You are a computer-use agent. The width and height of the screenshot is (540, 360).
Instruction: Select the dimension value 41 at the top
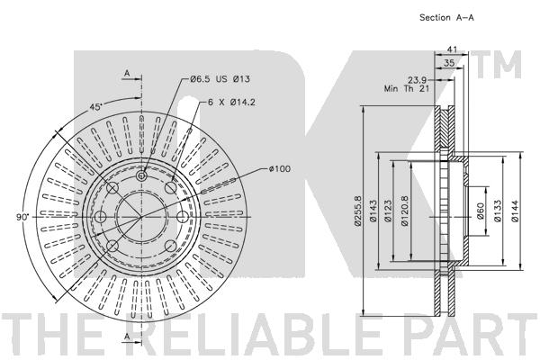[453, 51]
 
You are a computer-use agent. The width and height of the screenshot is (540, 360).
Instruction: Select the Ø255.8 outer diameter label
[358, 211]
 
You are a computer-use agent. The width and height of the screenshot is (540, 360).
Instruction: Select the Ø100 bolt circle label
[282, 168]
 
